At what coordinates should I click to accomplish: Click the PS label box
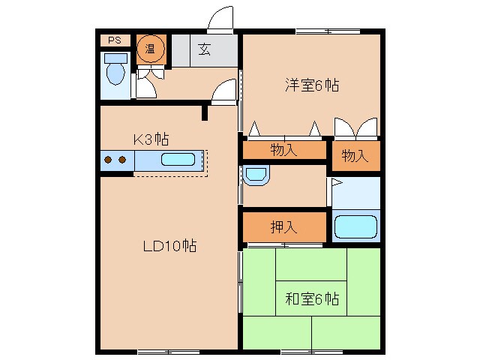[114, 40]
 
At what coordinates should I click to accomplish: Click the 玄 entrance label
[204, 50]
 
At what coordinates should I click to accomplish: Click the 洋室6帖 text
[310, 85]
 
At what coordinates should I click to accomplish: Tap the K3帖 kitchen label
[151, 139]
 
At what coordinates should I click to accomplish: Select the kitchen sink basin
[178, 160]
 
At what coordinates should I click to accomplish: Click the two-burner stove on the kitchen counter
[115, 160]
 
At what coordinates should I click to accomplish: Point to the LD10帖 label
[170, 246]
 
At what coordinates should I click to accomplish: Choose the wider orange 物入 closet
[283, 150]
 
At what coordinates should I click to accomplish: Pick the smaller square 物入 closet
[355, 156]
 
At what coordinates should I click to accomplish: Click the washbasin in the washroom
[255, 175]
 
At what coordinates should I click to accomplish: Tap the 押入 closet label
[283, 226]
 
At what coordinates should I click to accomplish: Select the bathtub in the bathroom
[355, 226]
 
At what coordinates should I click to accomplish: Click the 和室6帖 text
[310, 300]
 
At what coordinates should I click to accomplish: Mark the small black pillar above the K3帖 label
[204, 113]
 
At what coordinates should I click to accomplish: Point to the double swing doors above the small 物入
[355, 127]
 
